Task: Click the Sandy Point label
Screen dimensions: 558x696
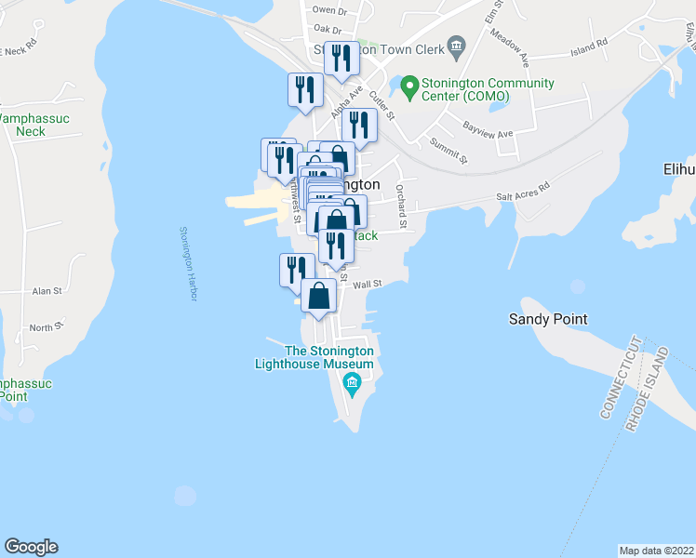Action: coord(547,319)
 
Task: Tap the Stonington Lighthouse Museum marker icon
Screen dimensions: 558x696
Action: coord(353,383)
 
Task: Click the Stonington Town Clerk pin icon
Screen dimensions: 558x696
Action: coord(456,46)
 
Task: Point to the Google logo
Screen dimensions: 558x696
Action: coord(31,547)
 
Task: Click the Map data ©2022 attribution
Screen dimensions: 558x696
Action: coord(656,550)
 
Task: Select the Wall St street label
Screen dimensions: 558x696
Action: coord(368,284)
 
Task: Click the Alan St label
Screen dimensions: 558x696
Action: coord(46,291)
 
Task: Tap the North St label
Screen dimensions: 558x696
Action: coord(44,327)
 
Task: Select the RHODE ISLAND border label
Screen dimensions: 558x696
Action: coord(648,390)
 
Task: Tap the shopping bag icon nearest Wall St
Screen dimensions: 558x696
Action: coord(319,297)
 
